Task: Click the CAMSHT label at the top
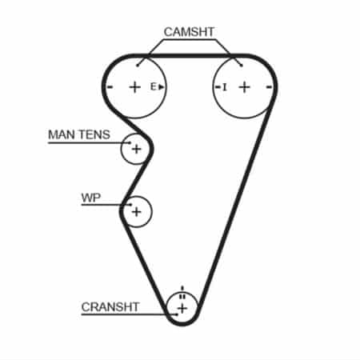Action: tap(189, 32)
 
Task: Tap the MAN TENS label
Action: tap(79, 134)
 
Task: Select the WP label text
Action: tap(91, 198)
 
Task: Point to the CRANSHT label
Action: tap(110, 307)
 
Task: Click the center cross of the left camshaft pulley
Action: tap(135, 87)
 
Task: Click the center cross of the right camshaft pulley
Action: tap(245, 87)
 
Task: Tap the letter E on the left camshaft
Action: tap(153, 86)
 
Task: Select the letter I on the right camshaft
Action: tap(225, 87)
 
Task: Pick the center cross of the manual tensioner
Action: tap(136, 149)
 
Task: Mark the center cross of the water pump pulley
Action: tap(136, 212)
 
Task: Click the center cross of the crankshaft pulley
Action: tap(182, 309)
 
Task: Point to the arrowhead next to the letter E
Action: tap(162, 87)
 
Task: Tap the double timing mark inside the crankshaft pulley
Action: tap(182, 296)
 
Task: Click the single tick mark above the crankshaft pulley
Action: tap(182, 289)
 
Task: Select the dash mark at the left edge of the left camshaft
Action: tap(110, 87)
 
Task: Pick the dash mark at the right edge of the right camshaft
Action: tap(269, 87)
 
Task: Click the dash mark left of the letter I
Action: tap(218, 87)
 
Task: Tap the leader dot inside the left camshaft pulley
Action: tap(138, 66)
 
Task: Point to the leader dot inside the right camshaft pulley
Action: tap(242, 66)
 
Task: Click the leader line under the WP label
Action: tap(106, 205)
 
